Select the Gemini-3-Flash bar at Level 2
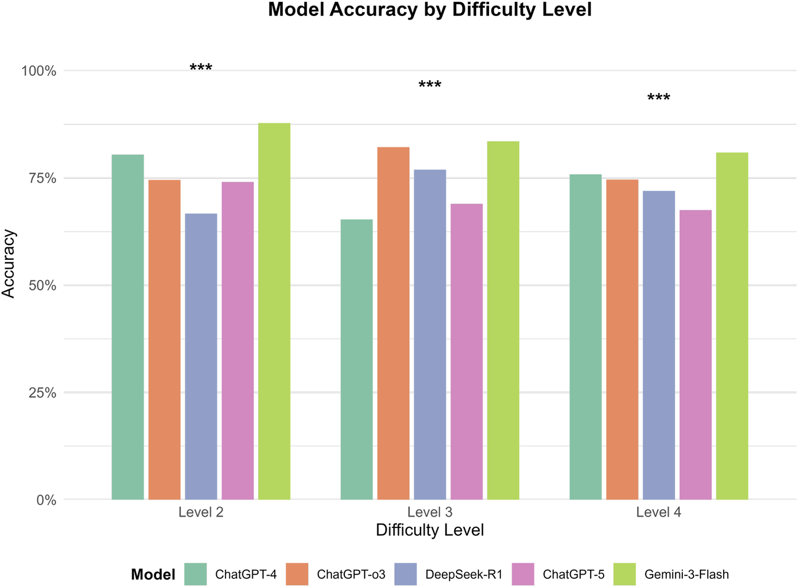coord(274,311)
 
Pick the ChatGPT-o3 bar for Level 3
coord(393,323)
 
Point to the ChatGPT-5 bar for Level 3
coord(467,351)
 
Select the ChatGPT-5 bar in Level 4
coord(695,354)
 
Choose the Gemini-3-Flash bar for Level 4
coord(732,326)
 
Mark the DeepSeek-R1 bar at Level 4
coord(659,345)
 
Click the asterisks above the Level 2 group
coord(201,68)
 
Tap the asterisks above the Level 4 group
coord(659,98)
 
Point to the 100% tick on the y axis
coord(39,71)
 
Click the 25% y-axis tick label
coord(43,393)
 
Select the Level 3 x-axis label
coord(429,512)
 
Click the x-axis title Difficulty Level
coord(429,530)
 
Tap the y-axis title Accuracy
coord(9,263)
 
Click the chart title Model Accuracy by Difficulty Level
coord(429,10)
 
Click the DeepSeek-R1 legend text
coord(464,574)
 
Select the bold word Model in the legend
coord(153,575)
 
